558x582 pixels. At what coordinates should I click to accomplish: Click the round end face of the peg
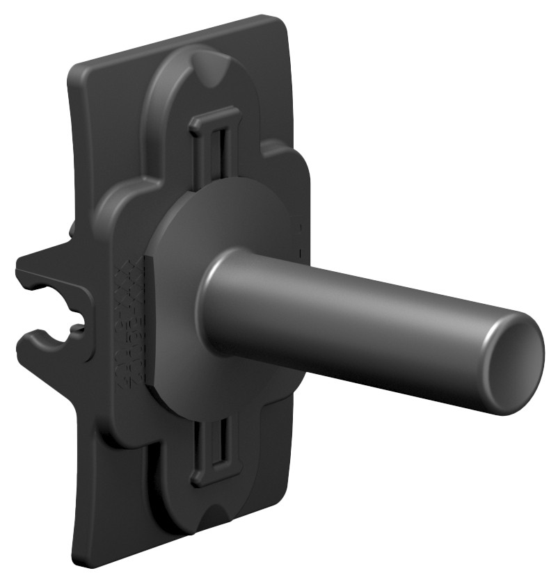click(x=516, y=363)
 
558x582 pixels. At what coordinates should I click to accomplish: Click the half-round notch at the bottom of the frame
click(x=218, y=519)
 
